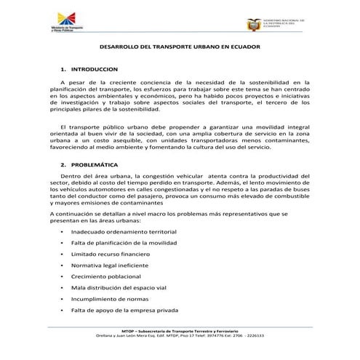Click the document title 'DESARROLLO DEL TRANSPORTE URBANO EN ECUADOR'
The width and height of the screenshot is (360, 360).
[179, 46]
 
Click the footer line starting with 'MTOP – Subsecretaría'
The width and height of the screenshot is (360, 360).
[179, 331]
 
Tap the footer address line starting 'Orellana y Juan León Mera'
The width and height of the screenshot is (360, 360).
[179, 336]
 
